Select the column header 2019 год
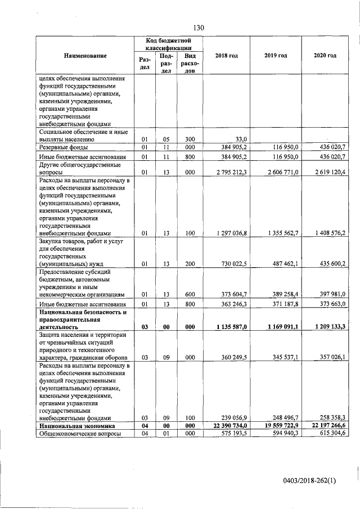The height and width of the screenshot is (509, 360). pyautogui.click(x=276, y=56)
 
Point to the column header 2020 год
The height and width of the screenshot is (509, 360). pyautogui.click(x=325, y=56)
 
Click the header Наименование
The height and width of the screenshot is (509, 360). pyautogui.click(x=85, y=56)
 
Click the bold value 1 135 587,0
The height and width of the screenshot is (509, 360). pyautogui.click(x=228, y=326)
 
